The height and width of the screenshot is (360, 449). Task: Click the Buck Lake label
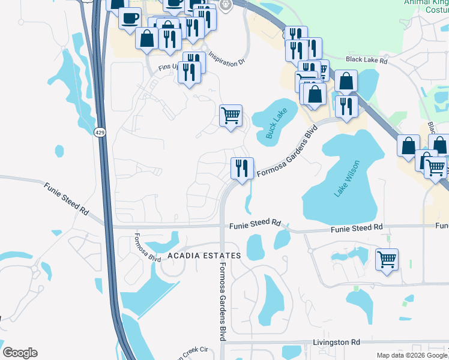[278, 124]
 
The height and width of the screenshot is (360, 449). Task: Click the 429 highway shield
[100, 131]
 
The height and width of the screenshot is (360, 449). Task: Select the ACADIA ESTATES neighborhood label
[204, 256]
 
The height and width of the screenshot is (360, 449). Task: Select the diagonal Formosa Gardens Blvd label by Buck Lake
[287, 154]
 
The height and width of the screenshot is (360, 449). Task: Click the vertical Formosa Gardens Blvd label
[222, 301]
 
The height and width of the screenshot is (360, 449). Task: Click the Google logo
[20, 353]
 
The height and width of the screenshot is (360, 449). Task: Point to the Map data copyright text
[412, 355]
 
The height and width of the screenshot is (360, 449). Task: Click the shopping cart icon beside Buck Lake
[231, 115]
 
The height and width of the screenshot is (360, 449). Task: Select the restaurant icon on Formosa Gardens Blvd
[242, 167]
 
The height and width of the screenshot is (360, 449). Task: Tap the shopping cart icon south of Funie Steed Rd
[387, 260]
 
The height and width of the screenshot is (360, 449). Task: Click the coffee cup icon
[129, 18]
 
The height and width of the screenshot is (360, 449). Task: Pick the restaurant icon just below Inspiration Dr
[188, 72]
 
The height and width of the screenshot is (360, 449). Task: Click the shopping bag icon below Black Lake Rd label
[346, 81]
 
